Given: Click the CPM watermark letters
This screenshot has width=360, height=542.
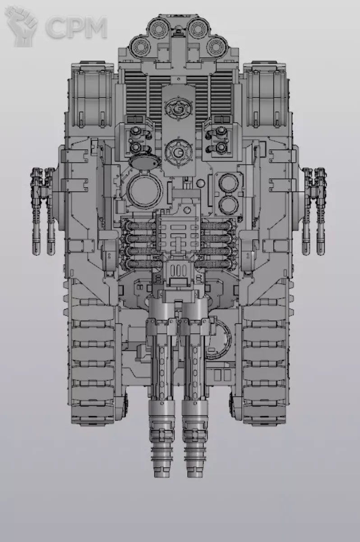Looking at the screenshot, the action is [77, 27].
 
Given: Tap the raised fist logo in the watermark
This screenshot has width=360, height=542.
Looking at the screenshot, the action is [21, 27].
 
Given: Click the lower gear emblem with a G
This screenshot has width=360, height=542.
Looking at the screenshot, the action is [179, 152].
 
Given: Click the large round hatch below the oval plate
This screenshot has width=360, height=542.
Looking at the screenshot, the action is [144, 191].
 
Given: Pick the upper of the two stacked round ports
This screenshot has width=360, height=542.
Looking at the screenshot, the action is [228, 183].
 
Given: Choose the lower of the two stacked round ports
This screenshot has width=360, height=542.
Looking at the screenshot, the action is [228, 205].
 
